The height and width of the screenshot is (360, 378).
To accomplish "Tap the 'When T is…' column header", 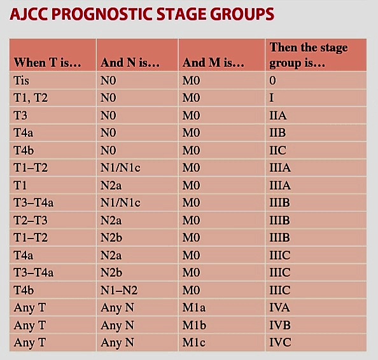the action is click(48, 63).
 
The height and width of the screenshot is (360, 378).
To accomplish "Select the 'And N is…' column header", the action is click(130, 63).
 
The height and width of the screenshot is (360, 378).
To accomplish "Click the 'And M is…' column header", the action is click(213, 63).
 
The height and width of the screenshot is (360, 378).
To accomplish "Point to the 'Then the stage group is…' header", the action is click(309, 55).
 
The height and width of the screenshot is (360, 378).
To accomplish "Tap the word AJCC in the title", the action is click(29, 14).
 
